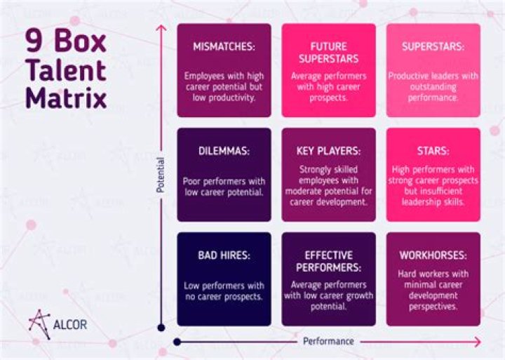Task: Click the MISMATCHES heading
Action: [x=224, y=47]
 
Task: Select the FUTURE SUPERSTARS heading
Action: [x=328, y=53]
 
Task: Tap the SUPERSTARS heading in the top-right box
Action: [x=433, y=47]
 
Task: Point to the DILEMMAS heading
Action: [x=224, y=151]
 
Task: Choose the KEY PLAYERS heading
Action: [x=328, y=151]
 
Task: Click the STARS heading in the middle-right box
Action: [x=433, y=151]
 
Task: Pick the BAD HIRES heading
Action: [x=224, y=255]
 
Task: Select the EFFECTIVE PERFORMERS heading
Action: [x=328, y=261]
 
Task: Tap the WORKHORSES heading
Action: [x=433, y=255]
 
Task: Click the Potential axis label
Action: [x=161, y=175]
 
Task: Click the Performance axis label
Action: [x=328, y=342]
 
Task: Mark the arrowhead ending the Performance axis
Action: [x=480, y=342]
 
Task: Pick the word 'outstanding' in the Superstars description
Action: [x=433, y=87]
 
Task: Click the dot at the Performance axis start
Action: [x=177, y=342]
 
